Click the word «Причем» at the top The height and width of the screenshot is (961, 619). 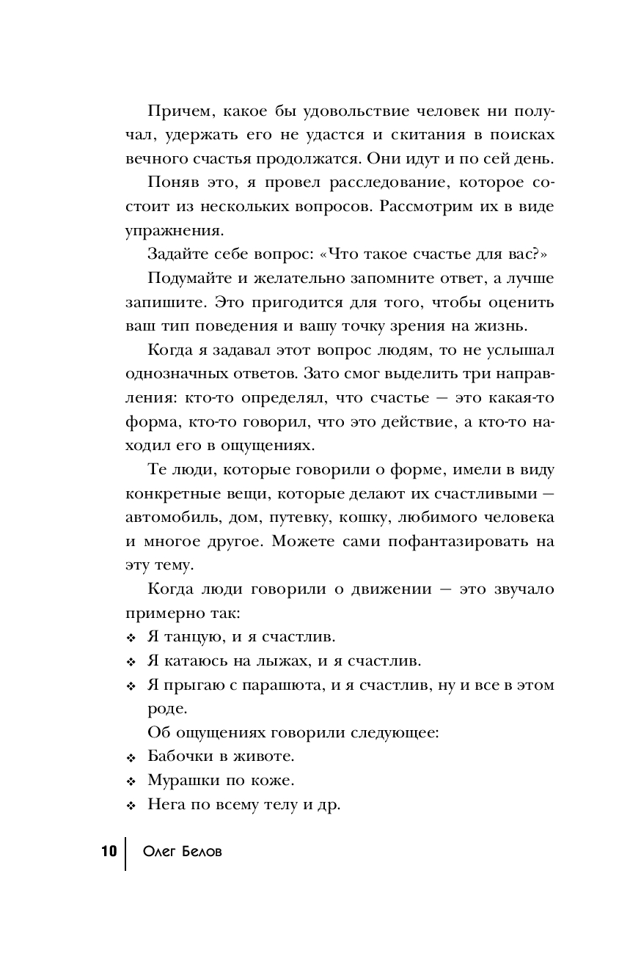[x=176, y=111]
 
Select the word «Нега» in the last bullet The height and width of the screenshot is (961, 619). [x=165, y=804]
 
